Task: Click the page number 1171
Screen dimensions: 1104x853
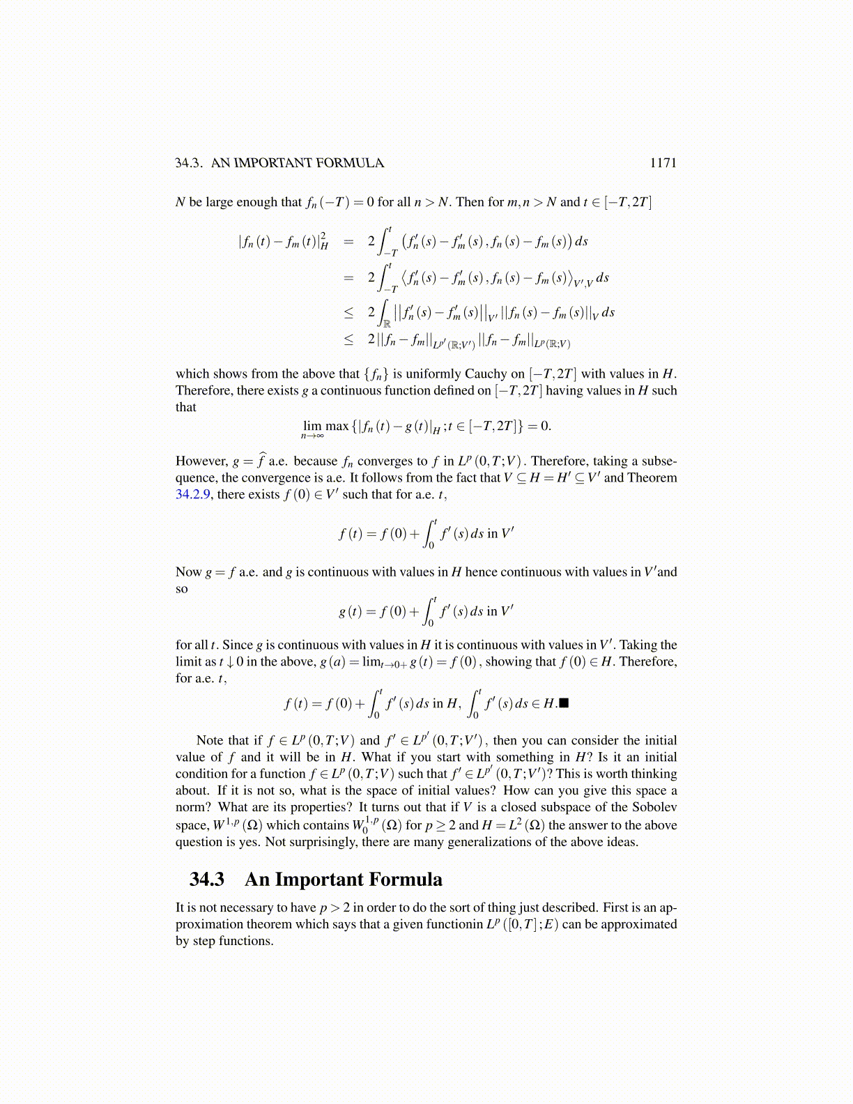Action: coord(663,163)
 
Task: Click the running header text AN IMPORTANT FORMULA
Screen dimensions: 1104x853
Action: coord(298,163)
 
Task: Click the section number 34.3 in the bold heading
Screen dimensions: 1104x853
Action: coord(207,880)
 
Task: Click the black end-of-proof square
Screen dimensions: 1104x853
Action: coord(564,703)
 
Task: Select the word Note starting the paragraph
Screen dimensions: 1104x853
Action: coord(209,740)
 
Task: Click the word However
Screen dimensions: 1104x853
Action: coord(201,461)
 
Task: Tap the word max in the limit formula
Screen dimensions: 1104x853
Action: coord(337,427)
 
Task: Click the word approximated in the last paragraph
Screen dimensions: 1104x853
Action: coord(638,924)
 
